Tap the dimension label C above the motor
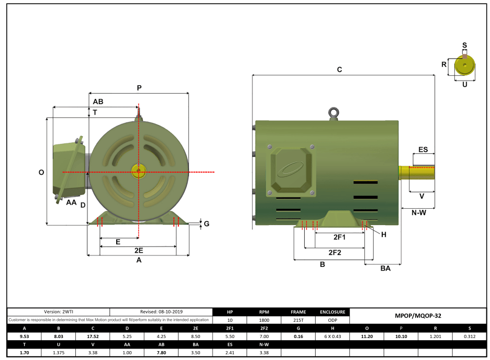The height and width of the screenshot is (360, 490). [339, 70]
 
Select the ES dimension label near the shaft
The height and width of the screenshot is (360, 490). [423, 150]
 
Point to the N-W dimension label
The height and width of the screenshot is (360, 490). [418, 212]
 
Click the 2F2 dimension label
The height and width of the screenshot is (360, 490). [335, 252]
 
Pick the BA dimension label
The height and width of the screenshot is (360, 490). [385, 268]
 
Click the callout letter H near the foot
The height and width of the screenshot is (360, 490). [384, 234]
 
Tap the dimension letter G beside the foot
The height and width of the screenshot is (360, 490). [206, 224]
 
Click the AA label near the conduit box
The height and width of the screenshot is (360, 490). [71, 202]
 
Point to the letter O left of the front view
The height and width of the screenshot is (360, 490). [41, 172]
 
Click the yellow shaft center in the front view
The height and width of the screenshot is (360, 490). [138, 171]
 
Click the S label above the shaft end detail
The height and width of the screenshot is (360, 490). [464, 46]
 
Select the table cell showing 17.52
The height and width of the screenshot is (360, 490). [92, 336]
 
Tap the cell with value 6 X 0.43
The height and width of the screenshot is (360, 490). [332, 336]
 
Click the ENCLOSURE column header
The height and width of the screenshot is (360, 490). [332, 311]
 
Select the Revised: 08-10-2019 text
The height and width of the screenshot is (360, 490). [161, 311]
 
